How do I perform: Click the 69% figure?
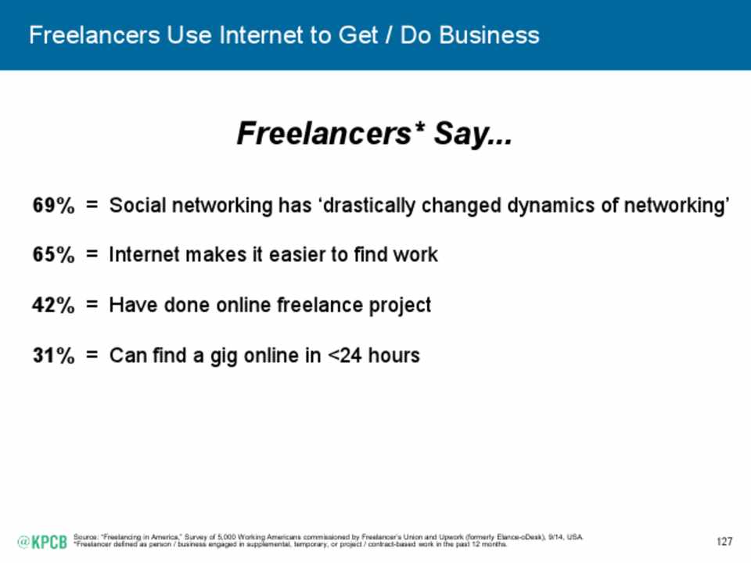54,206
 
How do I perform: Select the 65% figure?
54,255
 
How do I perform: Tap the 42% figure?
54,305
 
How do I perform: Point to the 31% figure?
54,356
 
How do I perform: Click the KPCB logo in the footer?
42,542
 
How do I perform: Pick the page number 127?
724,541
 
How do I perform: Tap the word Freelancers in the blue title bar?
95,35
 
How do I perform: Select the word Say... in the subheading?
473,134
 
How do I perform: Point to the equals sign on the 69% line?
92,206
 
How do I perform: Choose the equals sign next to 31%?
92,355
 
